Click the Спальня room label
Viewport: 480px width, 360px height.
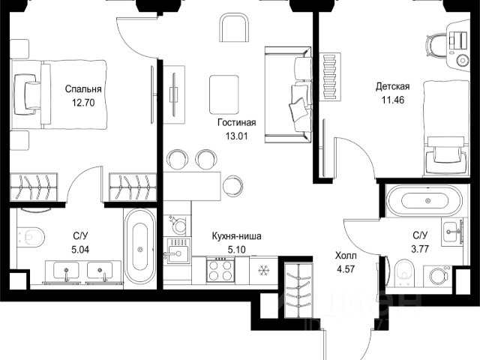coord(83,89)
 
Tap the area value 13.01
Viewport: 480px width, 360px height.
coord(236,136)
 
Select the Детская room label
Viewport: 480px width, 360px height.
coord(392,87)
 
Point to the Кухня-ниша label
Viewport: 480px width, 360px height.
coord(237,236)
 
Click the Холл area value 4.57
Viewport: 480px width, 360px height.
coord(346,269)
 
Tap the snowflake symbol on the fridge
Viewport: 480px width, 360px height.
coord(263,270)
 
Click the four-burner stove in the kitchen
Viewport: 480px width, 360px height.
coord(220,270)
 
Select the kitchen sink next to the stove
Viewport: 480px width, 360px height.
coord(177,252)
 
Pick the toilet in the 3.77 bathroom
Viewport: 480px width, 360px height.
coord(404,273)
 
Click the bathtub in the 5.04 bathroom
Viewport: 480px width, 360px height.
coord(140,247)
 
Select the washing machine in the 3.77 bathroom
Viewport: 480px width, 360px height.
coord(439,277)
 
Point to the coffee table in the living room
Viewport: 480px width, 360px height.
coord(224,94)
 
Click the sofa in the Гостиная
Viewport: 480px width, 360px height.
coord(288,94)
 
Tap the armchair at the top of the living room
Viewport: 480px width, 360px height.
coord(233,27)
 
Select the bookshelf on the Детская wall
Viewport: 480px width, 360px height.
coord(330,76)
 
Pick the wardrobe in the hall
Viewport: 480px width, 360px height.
coord(298,290)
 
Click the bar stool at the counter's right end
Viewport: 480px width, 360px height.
coord(232,185)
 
